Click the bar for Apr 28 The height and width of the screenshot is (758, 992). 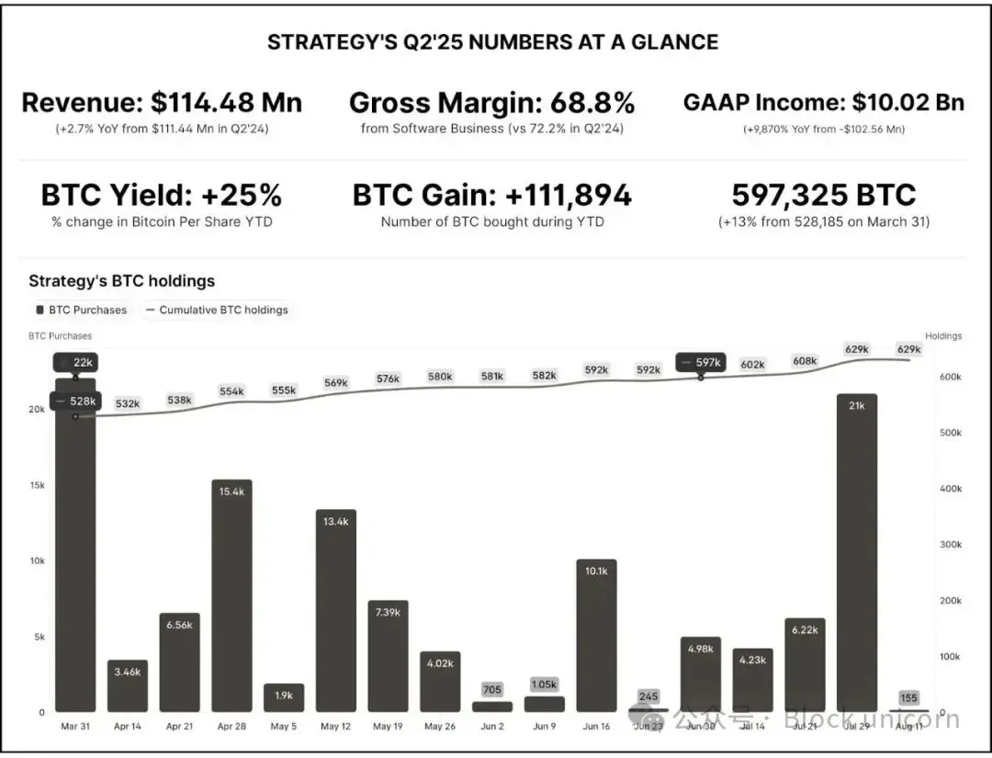pos(231,597)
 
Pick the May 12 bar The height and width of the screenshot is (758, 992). pos(336,611)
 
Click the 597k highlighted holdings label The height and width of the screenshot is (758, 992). pos(702,362)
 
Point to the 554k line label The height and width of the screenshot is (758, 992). pos(231,391)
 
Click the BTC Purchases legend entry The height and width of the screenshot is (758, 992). pos(82,310)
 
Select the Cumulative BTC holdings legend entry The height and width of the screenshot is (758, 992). pos(217,310)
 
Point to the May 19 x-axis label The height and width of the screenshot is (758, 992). pos(388,727)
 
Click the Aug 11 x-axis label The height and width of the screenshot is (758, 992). pos(909,727)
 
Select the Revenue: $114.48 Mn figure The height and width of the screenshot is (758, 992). pos(162,102)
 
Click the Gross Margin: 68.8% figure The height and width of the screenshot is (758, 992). pos(492,102)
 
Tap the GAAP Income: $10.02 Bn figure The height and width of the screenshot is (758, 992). pos(824,102)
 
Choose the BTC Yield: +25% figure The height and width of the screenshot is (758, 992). pos(162,195)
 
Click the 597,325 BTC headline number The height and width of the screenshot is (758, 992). pos(824,195)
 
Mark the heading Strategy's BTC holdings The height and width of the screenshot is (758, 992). pos(122,281)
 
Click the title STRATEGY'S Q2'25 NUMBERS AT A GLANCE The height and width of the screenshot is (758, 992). pos(492,42)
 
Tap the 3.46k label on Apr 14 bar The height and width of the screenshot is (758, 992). pos(128,672)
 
